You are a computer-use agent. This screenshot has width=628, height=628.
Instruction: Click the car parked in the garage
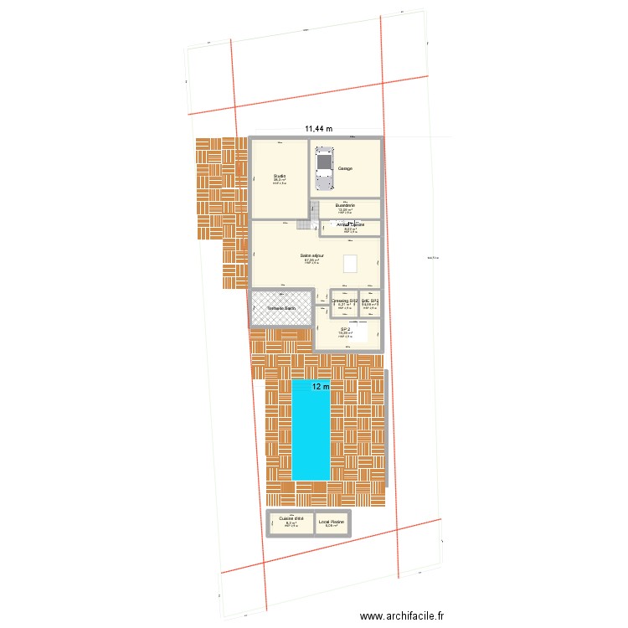point(322,171)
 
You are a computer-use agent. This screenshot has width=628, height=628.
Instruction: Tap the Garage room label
point(345,168)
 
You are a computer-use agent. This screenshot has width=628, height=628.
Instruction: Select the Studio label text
point(279,175)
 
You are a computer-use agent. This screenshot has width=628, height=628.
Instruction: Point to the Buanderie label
point(345,205)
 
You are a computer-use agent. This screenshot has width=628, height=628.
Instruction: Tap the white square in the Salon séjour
point(351,263)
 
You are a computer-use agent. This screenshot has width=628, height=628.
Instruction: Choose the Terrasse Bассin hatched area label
point(281,308)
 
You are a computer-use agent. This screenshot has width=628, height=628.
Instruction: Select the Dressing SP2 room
point(344,302)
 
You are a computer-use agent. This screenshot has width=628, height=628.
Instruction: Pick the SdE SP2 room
point(370,302)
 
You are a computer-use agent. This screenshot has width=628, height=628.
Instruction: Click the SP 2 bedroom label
point(345,329)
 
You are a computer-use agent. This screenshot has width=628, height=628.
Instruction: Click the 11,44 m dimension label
point(318,129)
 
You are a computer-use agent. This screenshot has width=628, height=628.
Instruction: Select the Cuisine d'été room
point(291,522)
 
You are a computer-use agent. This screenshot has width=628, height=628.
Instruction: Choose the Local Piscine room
point(332,522)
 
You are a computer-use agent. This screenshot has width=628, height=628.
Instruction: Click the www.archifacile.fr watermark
point(403,616)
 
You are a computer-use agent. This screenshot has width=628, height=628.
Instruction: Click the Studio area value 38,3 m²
point(279,180)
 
